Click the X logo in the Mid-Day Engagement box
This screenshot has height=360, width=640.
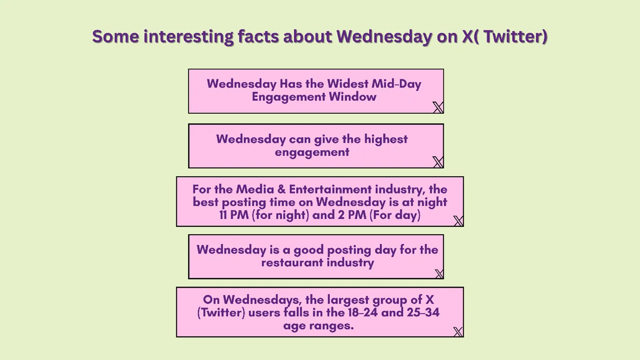pyautogui.click(x=438, y=108)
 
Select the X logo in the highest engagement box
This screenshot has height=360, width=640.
pyautogui.click(x=438, y=162)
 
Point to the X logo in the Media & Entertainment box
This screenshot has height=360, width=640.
pyautogui.click(x=458, y=221)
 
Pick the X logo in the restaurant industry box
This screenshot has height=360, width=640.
pyautogui.click(x=439, y=274)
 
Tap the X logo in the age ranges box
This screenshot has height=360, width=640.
pyautogui.click(x=458, y=331)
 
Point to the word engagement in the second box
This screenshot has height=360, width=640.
pyautogui.click(x=312, y=152)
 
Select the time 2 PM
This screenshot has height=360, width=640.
pyautogui.click(x=352, y=215)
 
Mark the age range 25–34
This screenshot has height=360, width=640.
pyautogui.click(x=423, y=312)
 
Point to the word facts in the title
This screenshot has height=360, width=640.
pyautogui.click(x=258, y=36)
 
